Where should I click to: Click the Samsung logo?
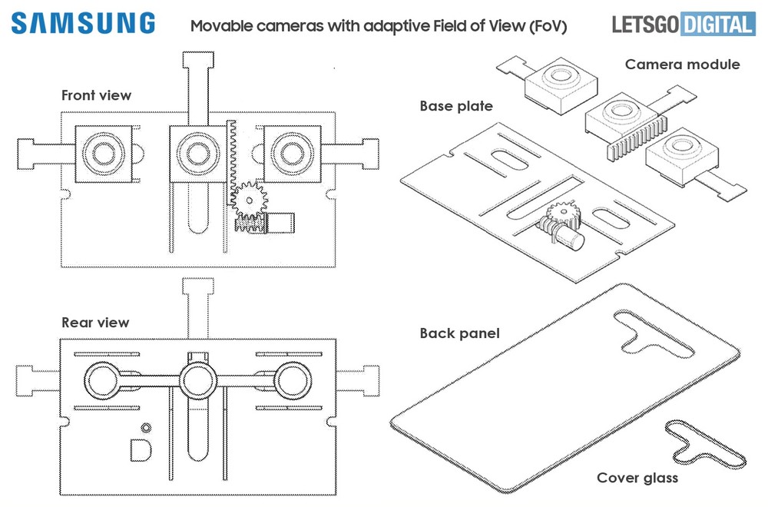coord(83,23)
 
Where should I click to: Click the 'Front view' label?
coord(96,95)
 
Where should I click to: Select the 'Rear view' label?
coord(95,323)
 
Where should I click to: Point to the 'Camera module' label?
coord(682,64)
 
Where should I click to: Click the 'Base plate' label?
coord(456,105)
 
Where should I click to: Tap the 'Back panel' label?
coord(459,333)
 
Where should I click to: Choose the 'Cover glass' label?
coord(638,479)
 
